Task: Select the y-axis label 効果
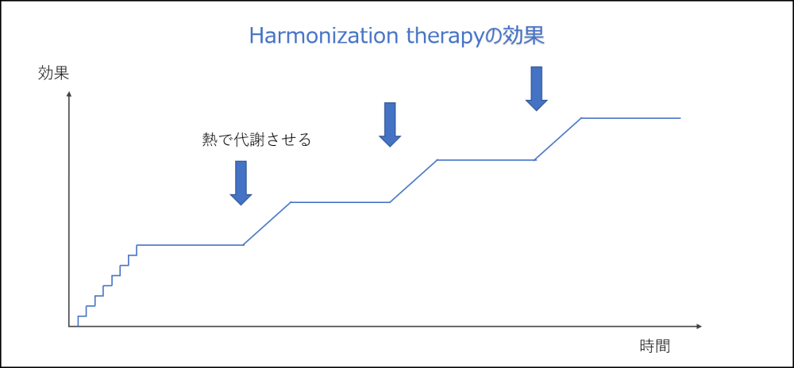[x=53, y=74]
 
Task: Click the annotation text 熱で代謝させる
[x=256, y=140]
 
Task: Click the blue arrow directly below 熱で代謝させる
[x=241, y=183]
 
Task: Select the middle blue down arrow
[x=390, y=125]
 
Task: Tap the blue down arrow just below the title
[x=537, y=89]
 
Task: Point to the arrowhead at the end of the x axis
[x=699, y=327]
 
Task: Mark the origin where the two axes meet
[x=69, y=327]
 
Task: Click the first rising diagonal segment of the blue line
[x=268, y=224]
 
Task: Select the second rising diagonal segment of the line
[x=414, y=181]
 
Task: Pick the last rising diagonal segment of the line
[x=558, y=139]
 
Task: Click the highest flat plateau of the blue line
[x=631, y=118]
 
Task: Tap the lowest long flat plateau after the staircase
[x=191, y=245]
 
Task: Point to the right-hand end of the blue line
[x=680, y=118]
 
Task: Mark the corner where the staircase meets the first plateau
[x=137, y=245]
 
